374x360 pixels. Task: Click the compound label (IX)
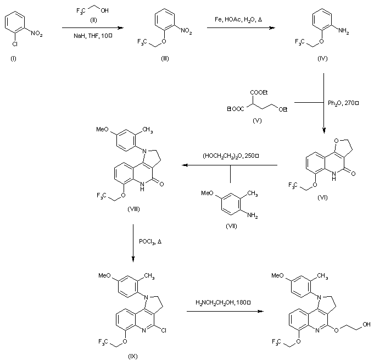[132, 356]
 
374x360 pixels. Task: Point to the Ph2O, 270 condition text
[343, 102]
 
